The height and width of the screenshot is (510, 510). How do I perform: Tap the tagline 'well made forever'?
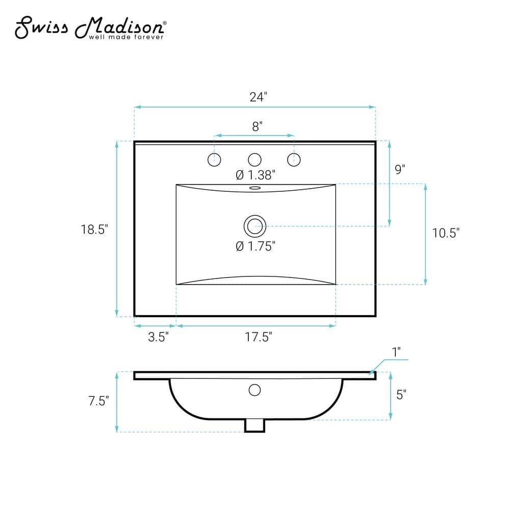pyautogui.click(x=126, y=37)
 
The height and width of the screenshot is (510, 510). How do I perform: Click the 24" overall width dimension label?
pyautogui.click(x=258, y=97)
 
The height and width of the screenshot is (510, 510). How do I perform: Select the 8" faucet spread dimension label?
pyautogui.click(x=257, y=126)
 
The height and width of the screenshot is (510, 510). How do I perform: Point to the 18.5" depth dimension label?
pyautogui.click(x=94, y=229)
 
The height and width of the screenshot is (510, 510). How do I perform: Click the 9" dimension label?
pyautogui.click(x=400, y=169)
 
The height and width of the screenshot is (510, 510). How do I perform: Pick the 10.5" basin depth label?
pyautogui.click(x=446, y=233)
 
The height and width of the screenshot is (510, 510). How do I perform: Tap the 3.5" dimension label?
pyautogui.click(x=159, y=337)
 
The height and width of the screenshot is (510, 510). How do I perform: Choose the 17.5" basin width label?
pyautogui.click(x=258, y=337)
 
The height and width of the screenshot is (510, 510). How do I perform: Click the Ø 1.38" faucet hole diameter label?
pyautogui.click(x=256, y=175)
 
